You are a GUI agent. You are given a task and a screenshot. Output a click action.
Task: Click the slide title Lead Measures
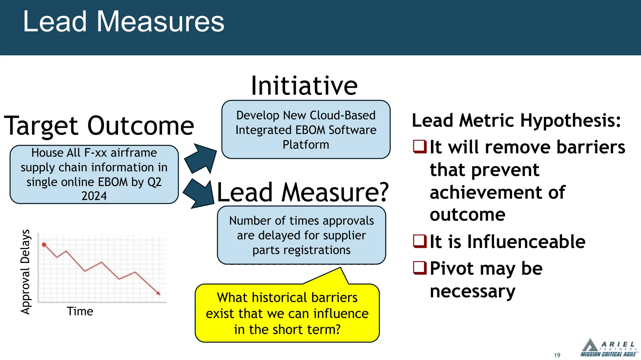pyautogui.click(x=124, y=22)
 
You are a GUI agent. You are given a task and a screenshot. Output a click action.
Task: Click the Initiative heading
pyautogui.click(x=304, y=86)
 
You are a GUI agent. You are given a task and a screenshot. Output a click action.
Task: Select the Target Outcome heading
pyautogui.click(x=99, y=126)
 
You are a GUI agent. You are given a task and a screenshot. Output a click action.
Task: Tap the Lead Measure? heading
pyautogui.click(x=302, y=192)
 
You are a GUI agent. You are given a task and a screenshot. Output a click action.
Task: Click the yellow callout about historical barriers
pyautogui.click(x=287, y=313)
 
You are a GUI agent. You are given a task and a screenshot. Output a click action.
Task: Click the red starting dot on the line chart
pyautogui.click(x=44, y=245)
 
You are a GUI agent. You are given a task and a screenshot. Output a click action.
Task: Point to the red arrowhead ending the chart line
pyautogui.click(x=158, y=293)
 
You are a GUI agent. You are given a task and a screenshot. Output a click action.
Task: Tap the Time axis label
pyautogui.click(x=80, y=312)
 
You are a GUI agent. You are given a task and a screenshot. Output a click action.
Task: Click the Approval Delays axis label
pyautogui.click(x=25, y=272)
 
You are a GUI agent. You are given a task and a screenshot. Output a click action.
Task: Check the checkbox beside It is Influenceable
pyautogui.click(x=420, y=241)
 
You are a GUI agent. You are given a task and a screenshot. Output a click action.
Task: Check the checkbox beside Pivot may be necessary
pyautogui.click(x=420, y=268)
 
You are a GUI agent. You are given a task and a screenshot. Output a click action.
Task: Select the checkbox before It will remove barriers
pyautogui.click(x=420, y=147)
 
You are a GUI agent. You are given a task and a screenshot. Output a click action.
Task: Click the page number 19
pyautogui.click(x=557, y=355)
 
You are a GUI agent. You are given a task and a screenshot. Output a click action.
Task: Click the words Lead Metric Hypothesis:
pyautogui.click(x=516, y=121)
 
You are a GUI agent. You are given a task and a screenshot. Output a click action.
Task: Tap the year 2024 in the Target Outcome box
pyautogui.click(x=94, y=196)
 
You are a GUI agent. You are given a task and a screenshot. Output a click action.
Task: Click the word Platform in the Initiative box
pyautogui.click(x=306, y=145)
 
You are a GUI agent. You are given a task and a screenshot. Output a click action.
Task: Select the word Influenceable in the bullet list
pyautogui.click(x=526, y=242)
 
